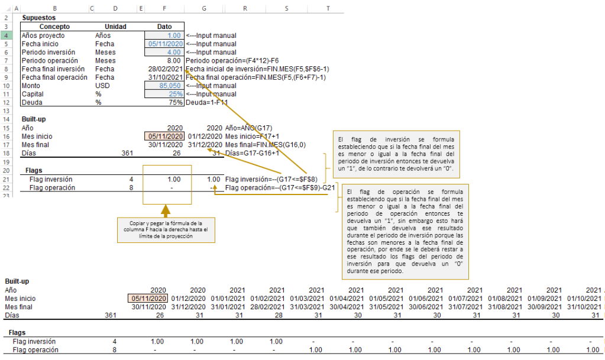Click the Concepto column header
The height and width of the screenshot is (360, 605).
tap(54, 27)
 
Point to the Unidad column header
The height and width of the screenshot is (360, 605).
tap(115, 27)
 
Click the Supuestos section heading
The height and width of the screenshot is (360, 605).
tap(38, 18)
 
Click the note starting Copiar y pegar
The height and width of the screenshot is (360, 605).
tap(166, 229)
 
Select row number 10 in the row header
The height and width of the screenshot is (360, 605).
tap(5, 86)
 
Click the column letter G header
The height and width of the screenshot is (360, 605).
tap(204, 8)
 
